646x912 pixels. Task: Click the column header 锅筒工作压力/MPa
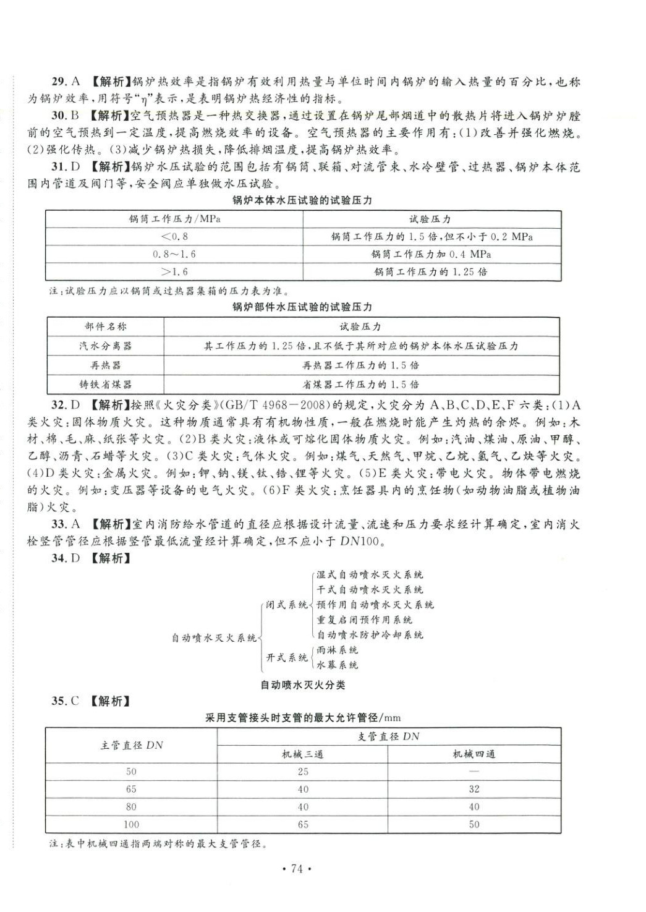(x=175, y=219)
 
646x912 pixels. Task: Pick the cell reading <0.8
(x=174, y=237)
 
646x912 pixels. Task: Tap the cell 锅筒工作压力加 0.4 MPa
(x=431, y=254)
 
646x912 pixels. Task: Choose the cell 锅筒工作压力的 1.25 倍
(x=431, y=271)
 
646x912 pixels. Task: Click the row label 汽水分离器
(x=106, y=346)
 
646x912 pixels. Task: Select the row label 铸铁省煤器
(x=106, y=384)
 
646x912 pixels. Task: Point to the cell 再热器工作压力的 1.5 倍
(x=360, y=365)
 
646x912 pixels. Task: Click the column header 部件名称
(x=106, y=326)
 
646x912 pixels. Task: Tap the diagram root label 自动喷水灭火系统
(x=214, y=637)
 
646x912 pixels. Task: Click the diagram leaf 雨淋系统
(x=338, y=650)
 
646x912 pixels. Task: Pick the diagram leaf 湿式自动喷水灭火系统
(x=370, y=575)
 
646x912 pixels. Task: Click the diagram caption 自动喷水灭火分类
(x=302, y=684)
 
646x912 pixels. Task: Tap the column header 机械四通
(x=474, y=754)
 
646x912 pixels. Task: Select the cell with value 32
(x=474, y=789)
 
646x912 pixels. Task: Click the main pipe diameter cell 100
(x=131, y=824)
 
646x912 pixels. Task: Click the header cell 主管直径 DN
(x=132, y=745)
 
